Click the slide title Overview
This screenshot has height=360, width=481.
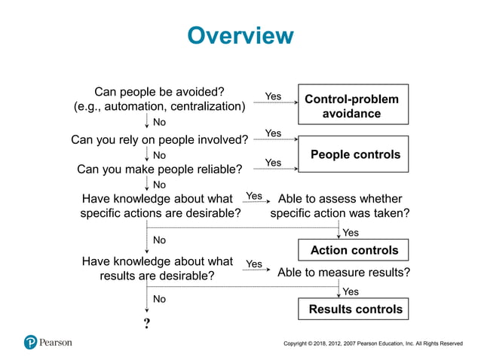click(240, 35)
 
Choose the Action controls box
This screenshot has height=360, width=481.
click(354, 250)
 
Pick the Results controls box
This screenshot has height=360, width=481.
click(355, 309)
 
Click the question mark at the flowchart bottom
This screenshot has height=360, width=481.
click(146, 323)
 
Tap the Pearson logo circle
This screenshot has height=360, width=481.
click(31, 342)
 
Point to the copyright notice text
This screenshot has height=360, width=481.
click(372, 343)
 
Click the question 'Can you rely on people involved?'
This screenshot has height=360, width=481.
click(159, 139)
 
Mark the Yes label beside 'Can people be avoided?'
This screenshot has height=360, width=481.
click(273, 96)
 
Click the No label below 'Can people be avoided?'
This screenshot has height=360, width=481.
click(160, 122)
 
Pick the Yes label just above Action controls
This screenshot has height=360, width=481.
click(351, 233)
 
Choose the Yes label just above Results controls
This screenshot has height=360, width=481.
click(351, 291)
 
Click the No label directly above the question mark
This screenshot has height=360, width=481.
click(160, 299)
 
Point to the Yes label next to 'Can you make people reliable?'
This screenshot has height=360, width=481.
click(273, 163)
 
